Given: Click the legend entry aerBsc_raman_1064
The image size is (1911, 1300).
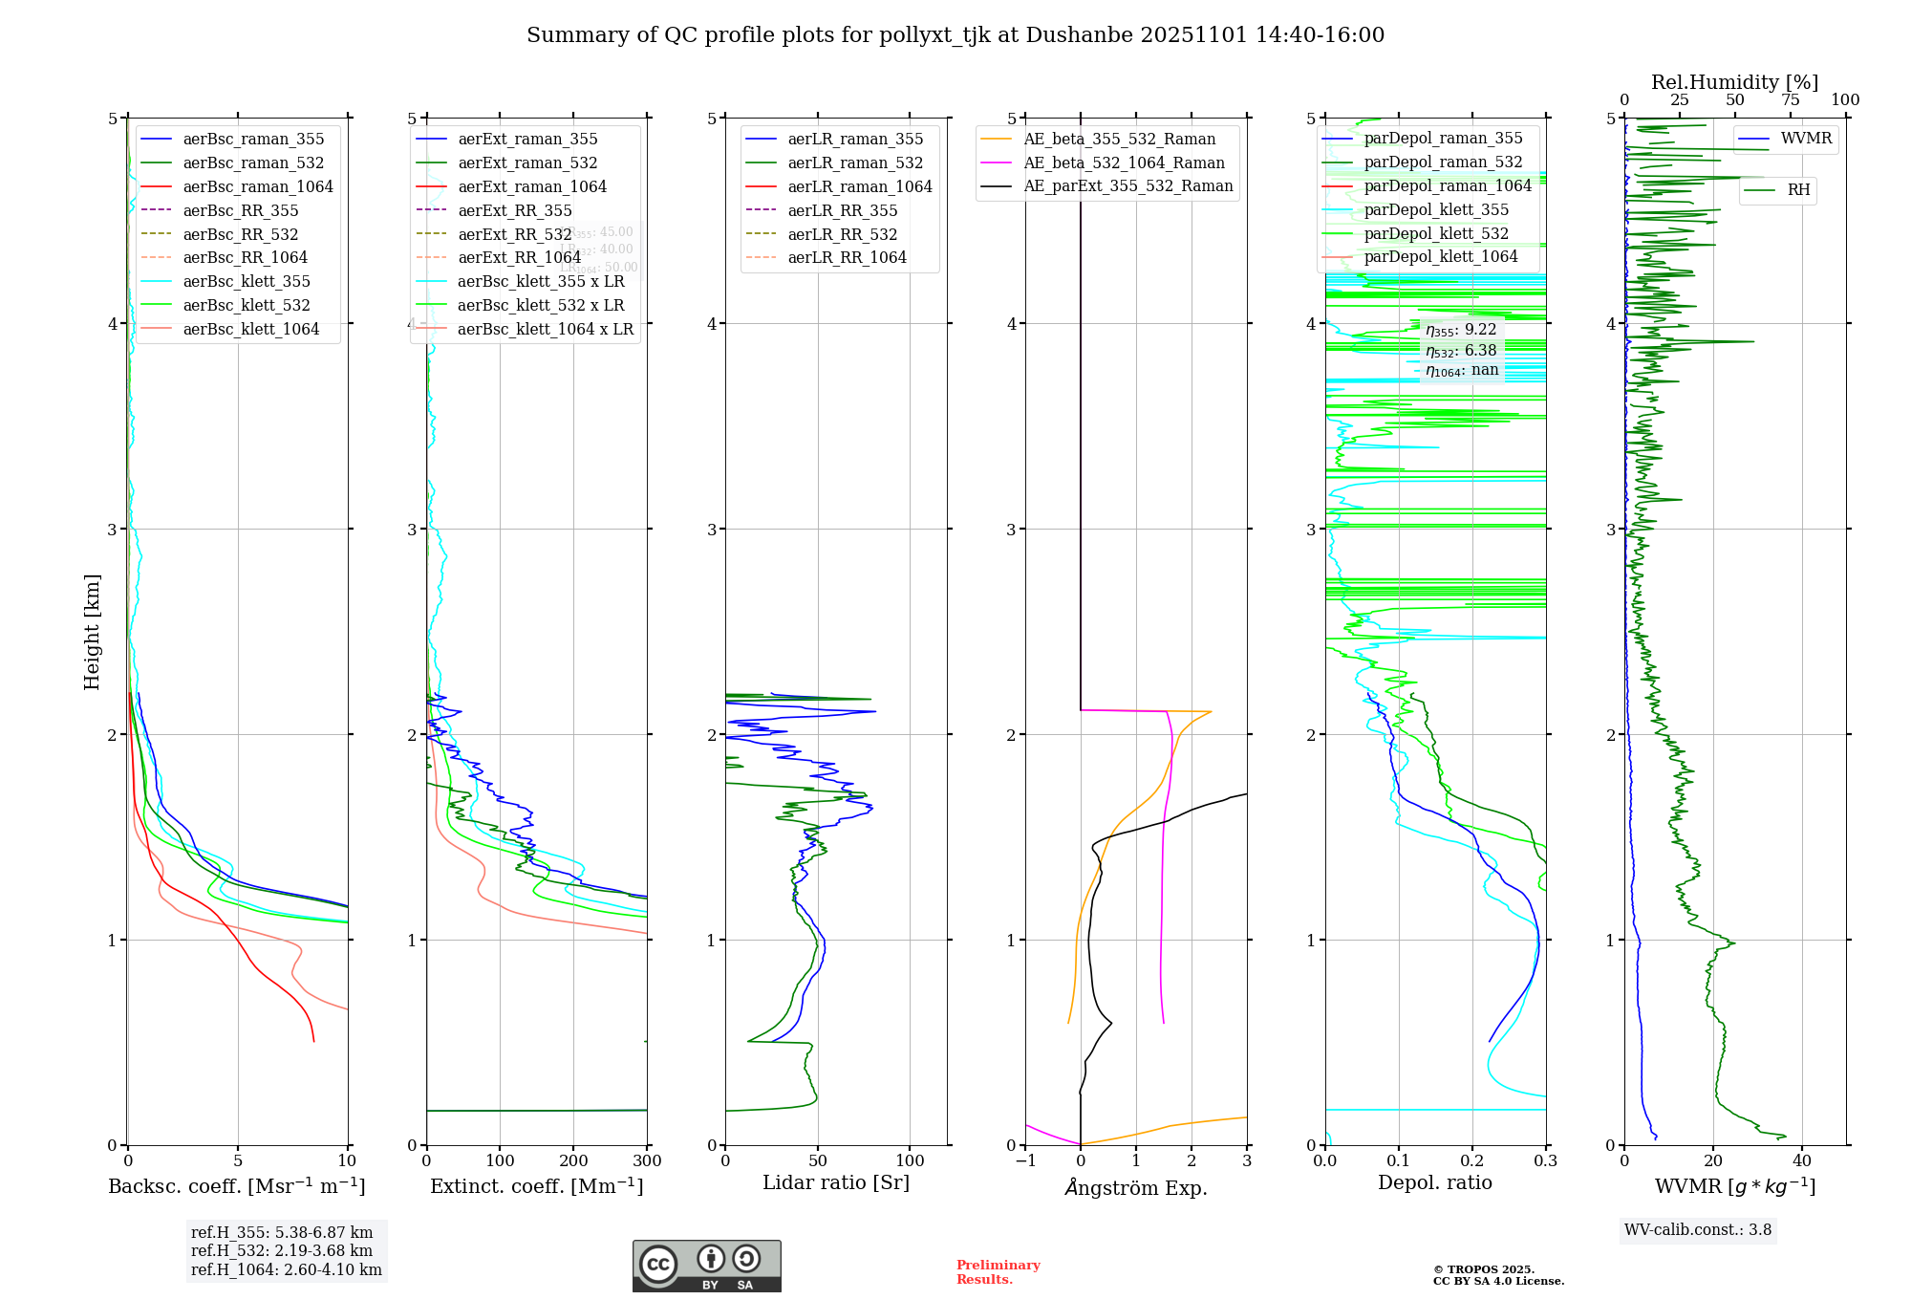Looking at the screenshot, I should tap(258, 186).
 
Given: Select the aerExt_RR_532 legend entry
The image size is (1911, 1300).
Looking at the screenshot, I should tap(514, 234).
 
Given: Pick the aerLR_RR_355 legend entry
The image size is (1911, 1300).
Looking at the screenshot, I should tap(842, 210).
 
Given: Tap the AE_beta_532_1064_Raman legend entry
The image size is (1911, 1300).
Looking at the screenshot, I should tap(1124, 162).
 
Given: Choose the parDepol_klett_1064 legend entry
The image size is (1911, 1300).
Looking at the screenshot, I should tap(1440, 256).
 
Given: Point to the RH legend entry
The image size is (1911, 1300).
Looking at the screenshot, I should tap(1798, 190).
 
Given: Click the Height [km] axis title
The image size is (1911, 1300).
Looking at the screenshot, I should tap(92, 631).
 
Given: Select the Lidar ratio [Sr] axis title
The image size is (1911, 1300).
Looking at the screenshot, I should tap(836, 1182).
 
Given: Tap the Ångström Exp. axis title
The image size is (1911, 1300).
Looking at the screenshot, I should tap(1136, 1187).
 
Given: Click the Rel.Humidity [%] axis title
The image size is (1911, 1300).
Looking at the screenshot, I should tap(1734, 82).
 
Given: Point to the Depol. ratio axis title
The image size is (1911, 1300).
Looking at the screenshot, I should tap(1434, 1182).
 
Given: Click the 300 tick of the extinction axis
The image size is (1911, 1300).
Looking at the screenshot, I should tap(647, 1160).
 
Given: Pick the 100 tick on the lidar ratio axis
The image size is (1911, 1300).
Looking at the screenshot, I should tap(910, 1160).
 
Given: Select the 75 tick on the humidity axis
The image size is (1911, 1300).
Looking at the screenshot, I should tap(1790, 99).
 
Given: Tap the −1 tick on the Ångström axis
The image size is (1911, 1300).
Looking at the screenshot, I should tap(1025, 1160).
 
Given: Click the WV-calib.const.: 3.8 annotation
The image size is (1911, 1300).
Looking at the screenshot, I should tap(1698, 1229).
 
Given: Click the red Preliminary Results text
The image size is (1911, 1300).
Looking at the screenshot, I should tap(998, 1271).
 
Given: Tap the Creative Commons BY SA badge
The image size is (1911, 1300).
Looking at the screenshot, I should tap(706, 1266).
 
